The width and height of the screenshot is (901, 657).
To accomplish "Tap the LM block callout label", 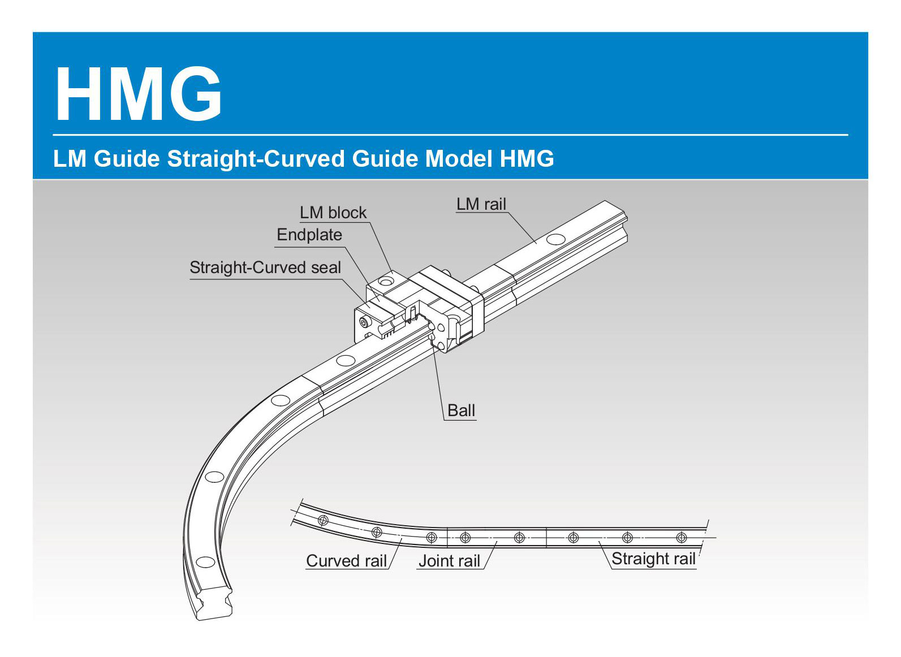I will coord(333,213).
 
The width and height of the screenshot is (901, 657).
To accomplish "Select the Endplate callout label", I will coord(309,235).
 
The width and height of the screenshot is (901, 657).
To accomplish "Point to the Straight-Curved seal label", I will coord(265,267).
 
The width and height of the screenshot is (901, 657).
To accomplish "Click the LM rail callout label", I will coord(481,204).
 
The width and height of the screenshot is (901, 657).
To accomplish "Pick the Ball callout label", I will coord(461,410).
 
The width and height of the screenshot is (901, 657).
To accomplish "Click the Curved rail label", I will coord(346,561).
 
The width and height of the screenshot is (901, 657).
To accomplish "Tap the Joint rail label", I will coord(449,561).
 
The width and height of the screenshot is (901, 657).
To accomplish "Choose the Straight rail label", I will coord(653,559).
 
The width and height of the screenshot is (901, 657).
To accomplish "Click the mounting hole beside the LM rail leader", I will coord(555,239).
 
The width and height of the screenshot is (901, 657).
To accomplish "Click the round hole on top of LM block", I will coord(386,280).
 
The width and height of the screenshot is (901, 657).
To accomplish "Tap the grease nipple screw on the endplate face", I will coord(364,322).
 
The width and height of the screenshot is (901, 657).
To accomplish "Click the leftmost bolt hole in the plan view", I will coord(324,520).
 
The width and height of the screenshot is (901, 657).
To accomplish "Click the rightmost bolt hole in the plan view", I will coord(682,537).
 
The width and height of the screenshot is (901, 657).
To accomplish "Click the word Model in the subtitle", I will coord(459,159).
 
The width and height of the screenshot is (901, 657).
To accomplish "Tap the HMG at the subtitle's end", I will coord(527,159).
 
